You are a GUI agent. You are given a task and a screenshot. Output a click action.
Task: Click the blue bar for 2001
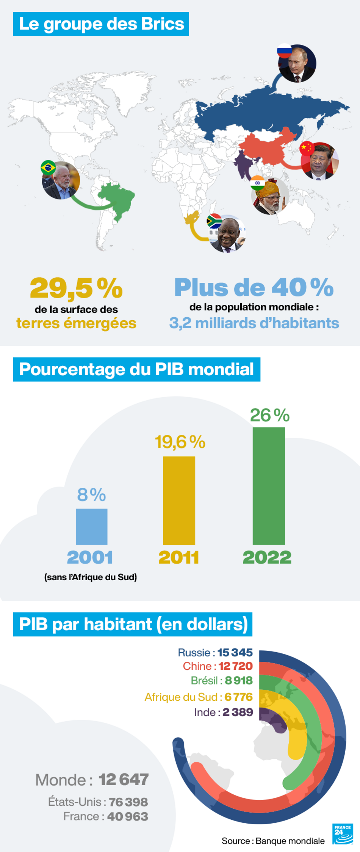pos(91,526)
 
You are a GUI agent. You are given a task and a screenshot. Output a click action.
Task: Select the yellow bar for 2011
pos(179,500)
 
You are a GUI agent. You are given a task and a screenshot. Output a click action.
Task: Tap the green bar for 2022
pos(269,485)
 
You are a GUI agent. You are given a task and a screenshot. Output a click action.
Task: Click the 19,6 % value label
pos(180,442)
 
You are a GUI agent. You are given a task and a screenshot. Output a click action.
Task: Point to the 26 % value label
pos(270,415)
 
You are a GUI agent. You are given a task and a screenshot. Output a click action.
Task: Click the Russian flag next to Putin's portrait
pos(284,51)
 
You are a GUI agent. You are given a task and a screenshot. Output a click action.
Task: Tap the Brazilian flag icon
pos(48,168)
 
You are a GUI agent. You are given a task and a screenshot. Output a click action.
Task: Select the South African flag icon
pos(214,221)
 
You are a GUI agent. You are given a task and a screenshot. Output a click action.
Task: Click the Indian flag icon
pos(258,183)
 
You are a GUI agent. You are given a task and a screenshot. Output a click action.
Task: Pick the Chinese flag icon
pos(307,148)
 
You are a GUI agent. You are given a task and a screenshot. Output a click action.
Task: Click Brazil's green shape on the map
pos(117,200)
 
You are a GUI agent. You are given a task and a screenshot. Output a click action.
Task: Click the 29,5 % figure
pos(76,288)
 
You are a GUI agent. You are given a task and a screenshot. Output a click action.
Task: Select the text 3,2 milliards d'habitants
pos(254,323)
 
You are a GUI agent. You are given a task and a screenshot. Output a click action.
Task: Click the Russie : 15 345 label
pos(215,653)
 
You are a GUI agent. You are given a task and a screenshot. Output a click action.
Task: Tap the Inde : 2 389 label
pos(223,712)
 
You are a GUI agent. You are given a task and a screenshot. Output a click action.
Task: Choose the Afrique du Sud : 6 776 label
pos(198,697)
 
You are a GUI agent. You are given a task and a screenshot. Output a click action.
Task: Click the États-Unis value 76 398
pos(128,802)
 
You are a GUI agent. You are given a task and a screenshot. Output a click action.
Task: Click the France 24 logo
pos(342,834)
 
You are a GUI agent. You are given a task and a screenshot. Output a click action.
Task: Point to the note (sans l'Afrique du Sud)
pos(90,577)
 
